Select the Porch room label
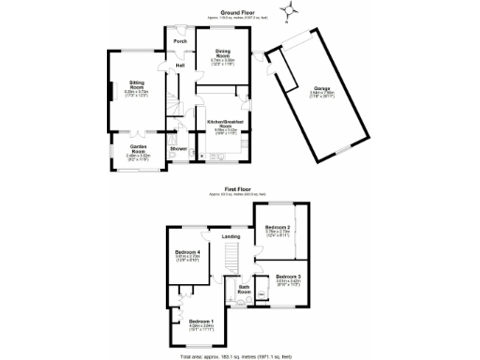(x=178, y=41)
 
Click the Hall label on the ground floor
(x=179, y=65)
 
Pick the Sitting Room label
(x=136, y=85)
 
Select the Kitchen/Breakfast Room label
(x=225, y=124)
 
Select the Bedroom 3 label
(x=288, y=277)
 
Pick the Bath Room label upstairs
(x=244, y=290)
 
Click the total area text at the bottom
(x=240, y=355)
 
